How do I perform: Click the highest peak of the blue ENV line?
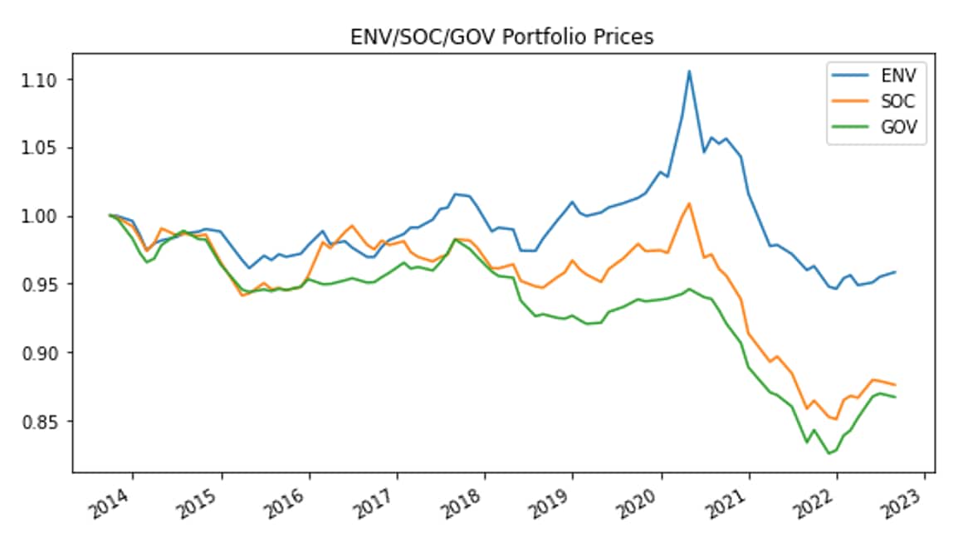click(x=689, y=71)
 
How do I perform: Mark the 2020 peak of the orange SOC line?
click(x=689, y=203)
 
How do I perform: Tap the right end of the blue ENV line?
click(x=895, y=271)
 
